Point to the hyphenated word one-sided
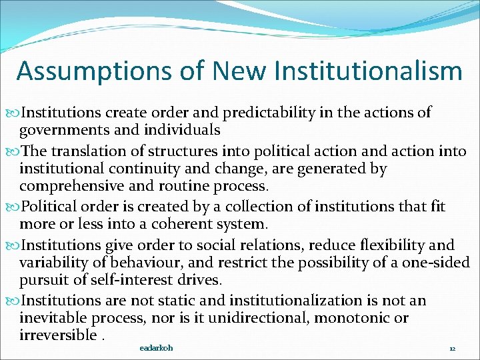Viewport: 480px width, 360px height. pyautogui.click(x=436, y=262)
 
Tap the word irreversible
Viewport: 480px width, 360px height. pyautogui.click(x=58, y=335)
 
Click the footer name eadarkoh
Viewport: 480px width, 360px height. pyautogui.click(x=156, y=348)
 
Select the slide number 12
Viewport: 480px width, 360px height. pyautogui.click(x=452, y=349)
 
